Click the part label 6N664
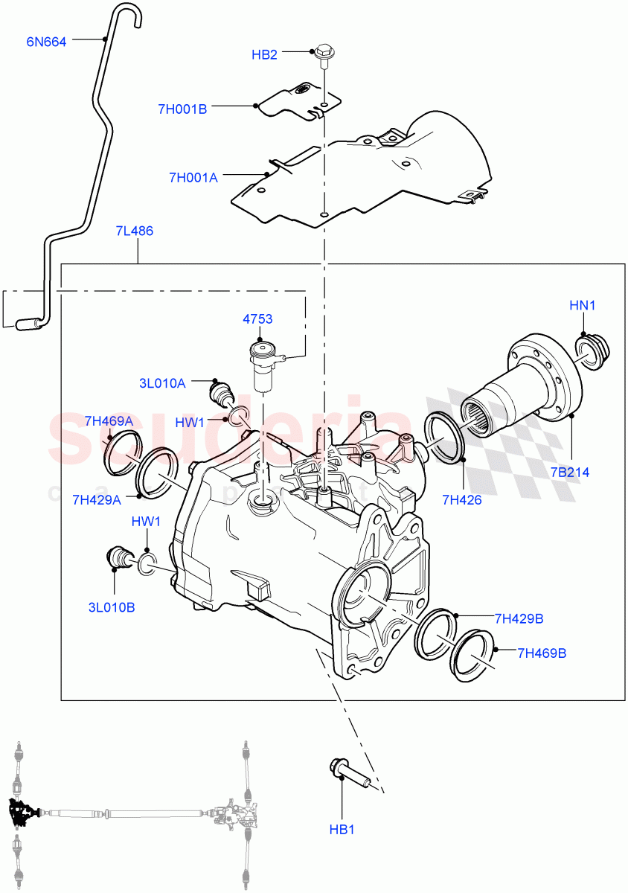(x=46, y=42)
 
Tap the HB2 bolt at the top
(x=324, y=54)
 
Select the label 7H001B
(x=182, y=109)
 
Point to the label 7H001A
(x=193, y=177)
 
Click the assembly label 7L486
(x=134, y=231)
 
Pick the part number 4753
(x=257, y=319)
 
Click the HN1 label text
(x=583, y=305)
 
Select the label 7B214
(x=570, y=472)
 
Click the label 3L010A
(x=161, y=383)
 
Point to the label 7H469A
(x=109, y=420)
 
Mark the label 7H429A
(x=97, y=499)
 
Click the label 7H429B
(x=519, y=618)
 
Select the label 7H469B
(x=542, y=653)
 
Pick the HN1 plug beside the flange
(x=594, y=351)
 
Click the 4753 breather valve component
(x=263, y=365)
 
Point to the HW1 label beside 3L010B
(x=146, y=521)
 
